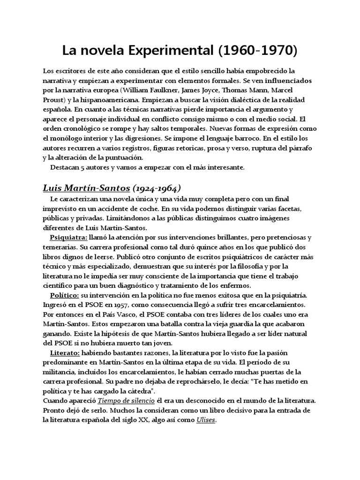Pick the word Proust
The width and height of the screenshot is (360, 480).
54,99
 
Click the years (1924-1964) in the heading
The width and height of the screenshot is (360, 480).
156,188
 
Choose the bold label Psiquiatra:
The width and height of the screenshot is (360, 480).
68,237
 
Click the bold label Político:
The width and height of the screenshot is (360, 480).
65,295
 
